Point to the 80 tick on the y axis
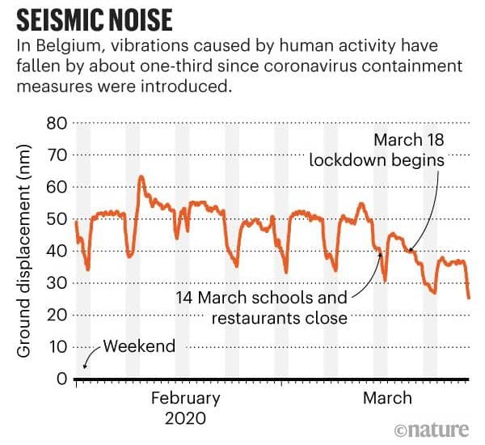55,123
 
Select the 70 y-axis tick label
55,155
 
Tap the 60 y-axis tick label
55,187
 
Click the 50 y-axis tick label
55,219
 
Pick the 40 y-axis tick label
55,251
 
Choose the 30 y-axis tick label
55,283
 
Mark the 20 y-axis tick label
55,315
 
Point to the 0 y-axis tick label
60,379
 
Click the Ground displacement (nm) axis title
23,251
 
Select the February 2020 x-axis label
185,409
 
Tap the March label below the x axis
387,398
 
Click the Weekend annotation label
139,346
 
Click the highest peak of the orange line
141,176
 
